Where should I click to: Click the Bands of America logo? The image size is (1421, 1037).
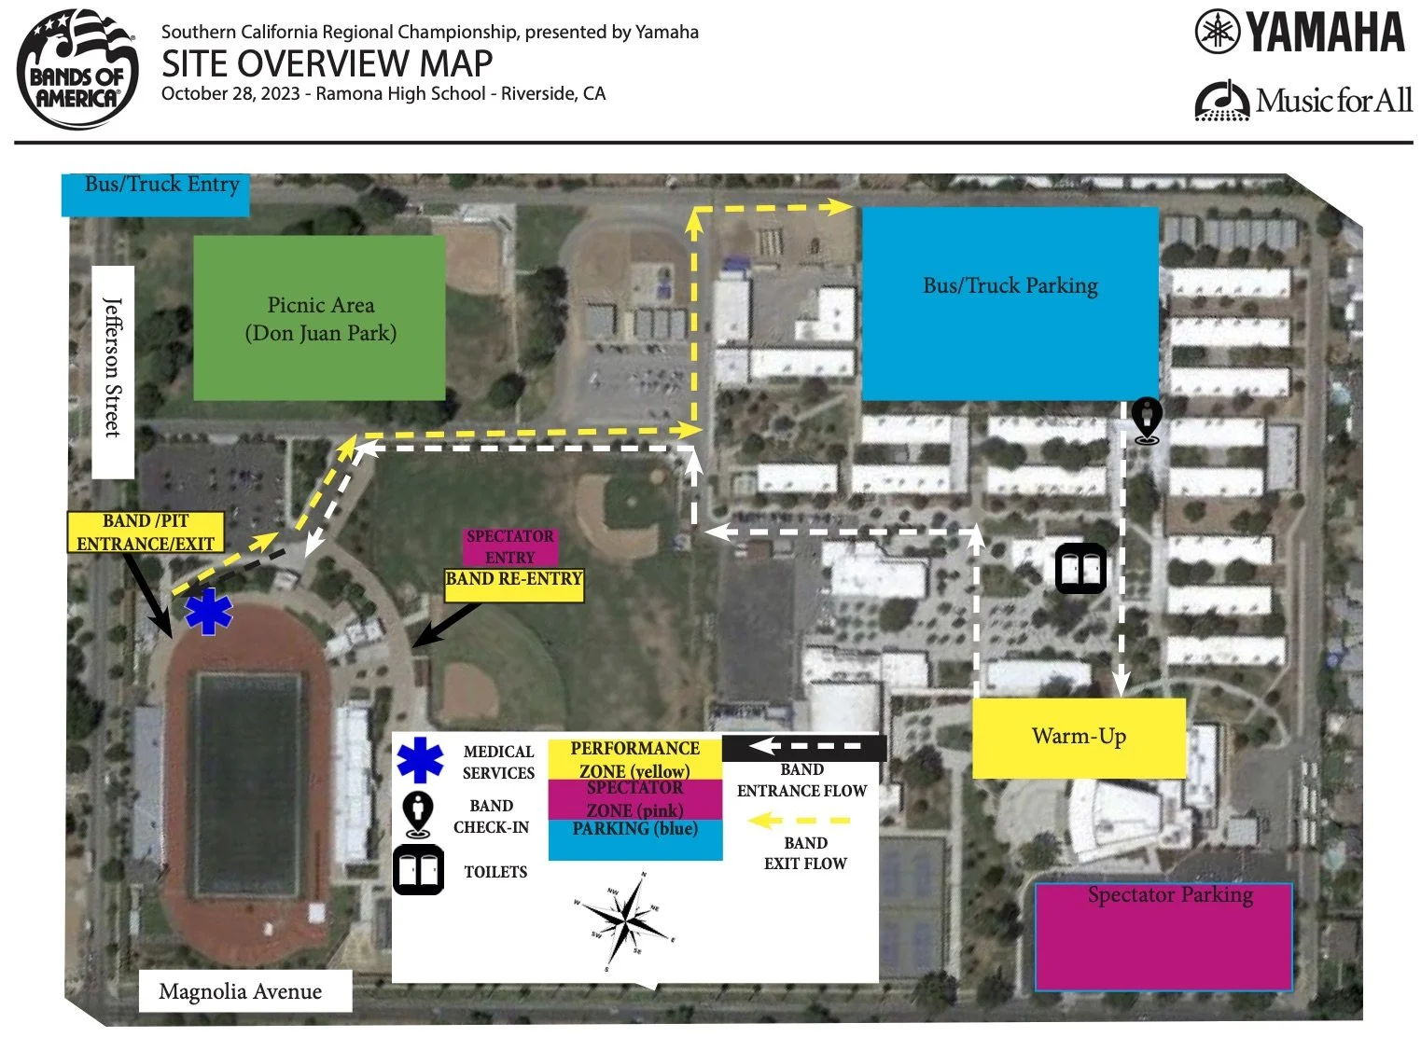[x=77, y=69]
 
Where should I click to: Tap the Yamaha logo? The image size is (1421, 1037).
[x=1300, y=33]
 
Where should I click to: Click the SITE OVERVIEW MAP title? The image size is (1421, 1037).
[x=327, y=63]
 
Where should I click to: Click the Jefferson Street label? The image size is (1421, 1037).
[x=113, y=369]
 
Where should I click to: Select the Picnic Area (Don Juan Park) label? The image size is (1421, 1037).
[x=319, y=319]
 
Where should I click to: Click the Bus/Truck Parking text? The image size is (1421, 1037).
[x=1010, y=286]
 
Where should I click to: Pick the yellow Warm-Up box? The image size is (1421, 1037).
[x=1079, y=738]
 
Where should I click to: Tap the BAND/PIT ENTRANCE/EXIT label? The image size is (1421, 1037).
[x=146, y=532]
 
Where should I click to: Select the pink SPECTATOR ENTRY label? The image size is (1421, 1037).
[x=509, y=546]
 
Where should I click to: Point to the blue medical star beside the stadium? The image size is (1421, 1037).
[x=208, y=612]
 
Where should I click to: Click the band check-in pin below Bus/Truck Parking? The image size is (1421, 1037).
[x=1146, y=420]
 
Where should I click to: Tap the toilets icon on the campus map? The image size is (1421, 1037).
[x=1080, y=569]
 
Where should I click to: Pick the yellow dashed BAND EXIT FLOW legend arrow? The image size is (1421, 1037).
[x=800, y=821]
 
